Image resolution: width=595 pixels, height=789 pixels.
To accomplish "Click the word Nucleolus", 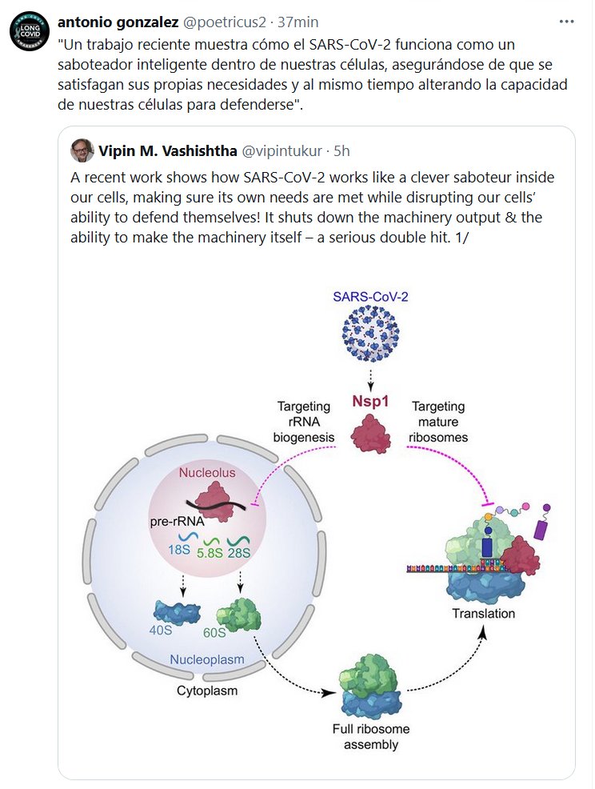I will pos(207,473).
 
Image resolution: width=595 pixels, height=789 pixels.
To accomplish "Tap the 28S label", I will pos(242,551).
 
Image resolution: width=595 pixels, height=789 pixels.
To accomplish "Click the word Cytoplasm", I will pos(206,689).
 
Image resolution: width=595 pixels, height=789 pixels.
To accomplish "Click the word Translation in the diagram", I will pos(484,614).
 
